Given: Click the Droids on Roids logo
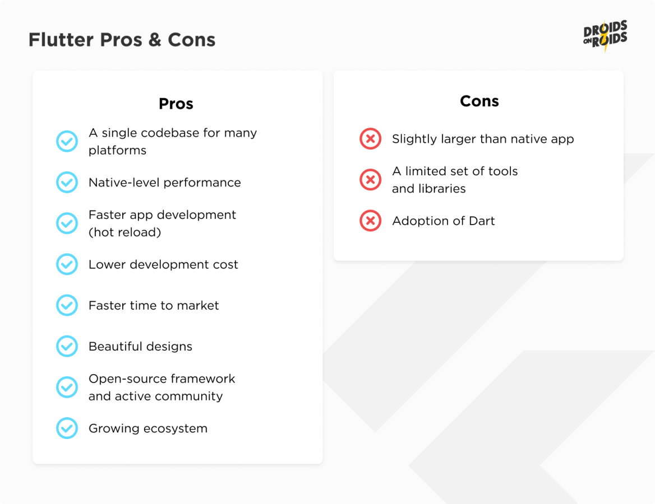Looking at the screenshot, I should [605, 36].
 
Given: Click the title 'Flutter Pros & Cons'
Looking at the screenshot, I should [122, 40].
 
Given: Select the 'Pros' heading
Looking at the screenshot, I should [176, 104].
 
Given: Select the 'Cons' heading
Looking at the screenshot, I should [479, 101].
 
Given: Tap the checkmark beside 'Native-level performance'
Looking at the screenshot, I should [67, 183].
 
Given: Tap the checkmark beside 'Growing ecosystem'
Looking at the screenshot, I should [67, 428].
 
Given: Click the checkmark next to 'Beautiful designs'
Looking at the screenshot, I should [67, 346].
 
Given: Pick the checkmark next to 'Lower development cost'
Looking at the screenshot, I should [67, 264].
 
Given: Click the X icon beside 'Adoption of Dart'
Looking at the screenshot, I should [370, 221].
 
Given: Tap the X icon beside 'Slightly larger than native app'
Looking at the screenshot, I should [370, 139].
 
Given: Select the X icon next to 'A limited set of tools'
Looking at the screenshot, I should [370, 180].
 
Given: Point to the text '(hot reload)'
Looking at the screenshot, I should [125, 232].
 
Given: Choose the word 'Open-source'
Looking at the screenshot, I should [123, 379].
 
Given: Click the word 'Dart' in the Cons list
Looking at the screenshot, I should [482, 221].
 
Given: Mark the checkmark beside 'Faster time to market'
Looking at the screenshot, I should [67, 305].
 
